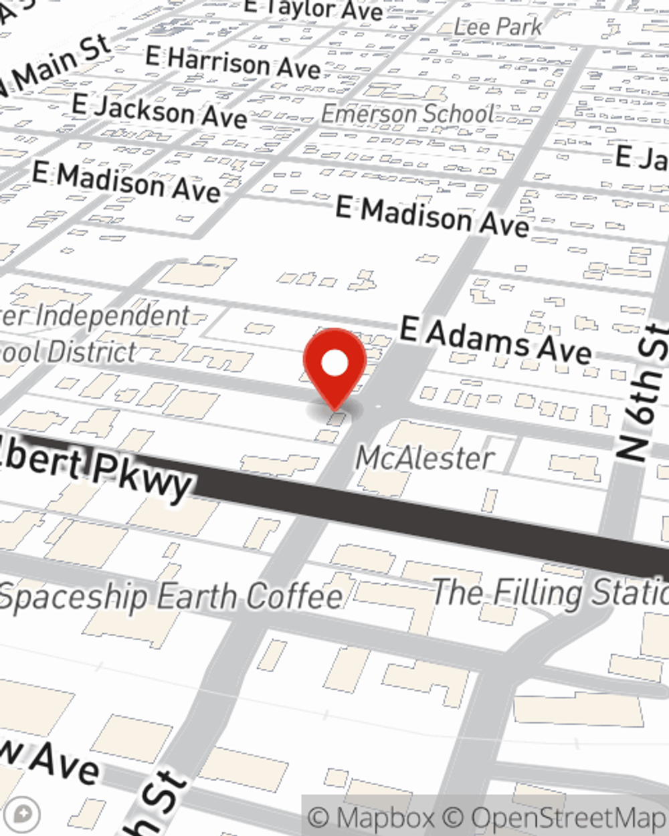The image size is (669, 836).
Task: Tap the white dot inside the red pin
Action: tap(334, 363)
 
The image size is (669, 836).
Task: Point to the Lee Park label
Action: tap(498, 27)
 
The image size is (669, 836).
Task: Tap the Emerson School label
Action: tap(407, 114)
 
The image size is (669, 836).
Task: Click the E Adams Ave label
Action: tap(495, 340)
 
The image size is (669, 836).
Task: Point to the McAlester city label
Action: tap(425, 458)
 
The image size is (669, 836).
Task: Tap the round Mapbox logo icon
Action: tap(24, 814)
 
